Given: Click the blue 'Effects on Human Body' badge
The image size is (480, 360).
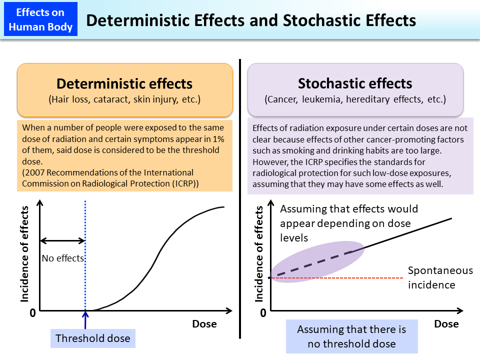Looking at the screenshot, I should [x=40, y=19].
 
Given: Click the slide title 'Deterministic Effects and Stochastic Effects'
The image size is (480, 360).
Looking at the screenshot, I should [x=251, y=20].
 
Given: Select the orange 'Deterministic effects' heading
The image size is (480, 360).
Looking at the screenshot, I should [x=124, y=83].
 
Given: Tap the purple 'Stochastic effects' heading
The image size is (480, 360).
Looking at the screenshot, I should [x=355, y=83].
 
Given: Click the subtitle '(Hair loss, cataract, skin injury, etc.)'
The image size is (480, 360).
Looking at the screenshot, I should [x=124, y=99].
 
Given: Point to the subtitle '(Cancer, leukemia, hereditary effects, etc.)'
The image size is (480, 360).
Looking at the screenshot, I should [x=355, y=99].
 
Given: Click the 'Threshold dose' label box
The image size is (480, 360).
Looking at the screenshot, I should [x=93, y=338].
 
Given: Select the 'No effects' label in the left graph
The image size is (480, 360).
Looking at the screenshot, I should [x=63, y=258].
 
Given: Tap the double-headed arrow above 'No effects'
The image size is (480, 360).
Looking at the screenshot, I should [x=62, y=240].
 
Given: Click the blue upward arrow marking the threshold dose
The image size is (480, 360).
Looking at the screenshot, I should [x=85, y=320].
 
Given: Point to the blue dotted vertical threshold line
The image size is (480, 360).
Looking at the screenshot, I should [x=85, y=225].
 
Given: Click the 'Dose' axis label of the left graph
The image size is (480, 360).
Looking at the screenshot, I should [x=204, y=324].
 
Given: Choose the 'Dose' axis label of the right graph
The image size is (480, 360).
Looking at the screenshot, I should [x=446, y=324].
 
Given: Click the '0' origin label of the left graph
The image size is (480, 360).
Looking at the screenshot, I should [x=32, y=313].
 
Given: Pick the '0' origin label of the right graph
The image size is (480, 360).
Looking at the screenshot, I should [x=263, y=313].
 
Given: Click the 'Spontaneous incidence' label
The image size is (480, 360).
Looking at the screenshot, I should [x=439, y=277].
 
